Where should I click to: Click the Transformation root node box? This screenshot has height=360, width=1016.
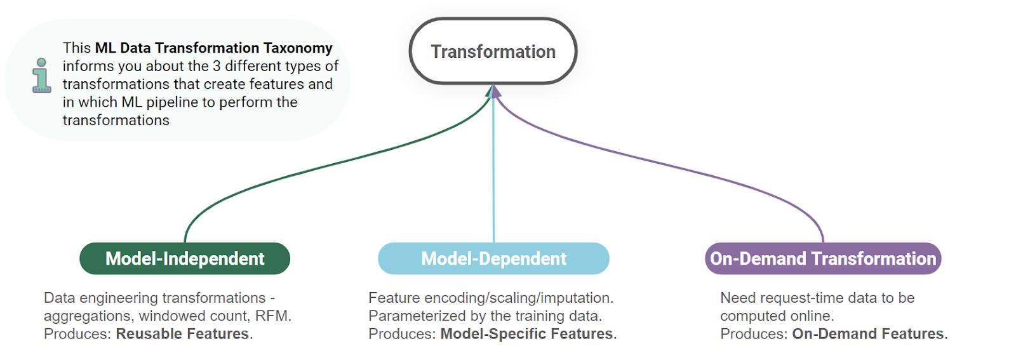coord(493,51)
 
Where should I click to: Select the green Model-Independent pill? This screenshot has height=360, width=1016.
coord(185,258)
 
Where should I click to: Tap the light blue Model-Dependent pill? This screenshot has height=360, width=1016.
coord(493,258)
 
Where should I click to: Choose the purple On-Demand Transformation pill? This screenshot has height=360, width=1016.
coord(823,258)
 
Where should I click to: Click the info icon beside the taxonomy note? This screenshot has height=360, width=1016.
coord(42,76)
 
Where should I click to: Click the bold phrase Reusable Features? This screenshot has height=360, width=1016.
coord(182,334)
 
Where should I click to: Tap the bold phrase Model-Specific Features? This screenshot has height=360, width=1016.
coord(526,334)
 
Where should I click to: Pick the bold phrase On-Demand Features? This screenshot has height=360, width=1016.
coord(868,334)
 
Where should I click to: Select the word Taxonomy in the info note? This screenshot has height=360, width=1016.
coord(298,48)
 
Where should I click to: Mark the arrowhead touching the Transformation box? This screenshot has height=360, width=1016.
coord(493,91)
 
